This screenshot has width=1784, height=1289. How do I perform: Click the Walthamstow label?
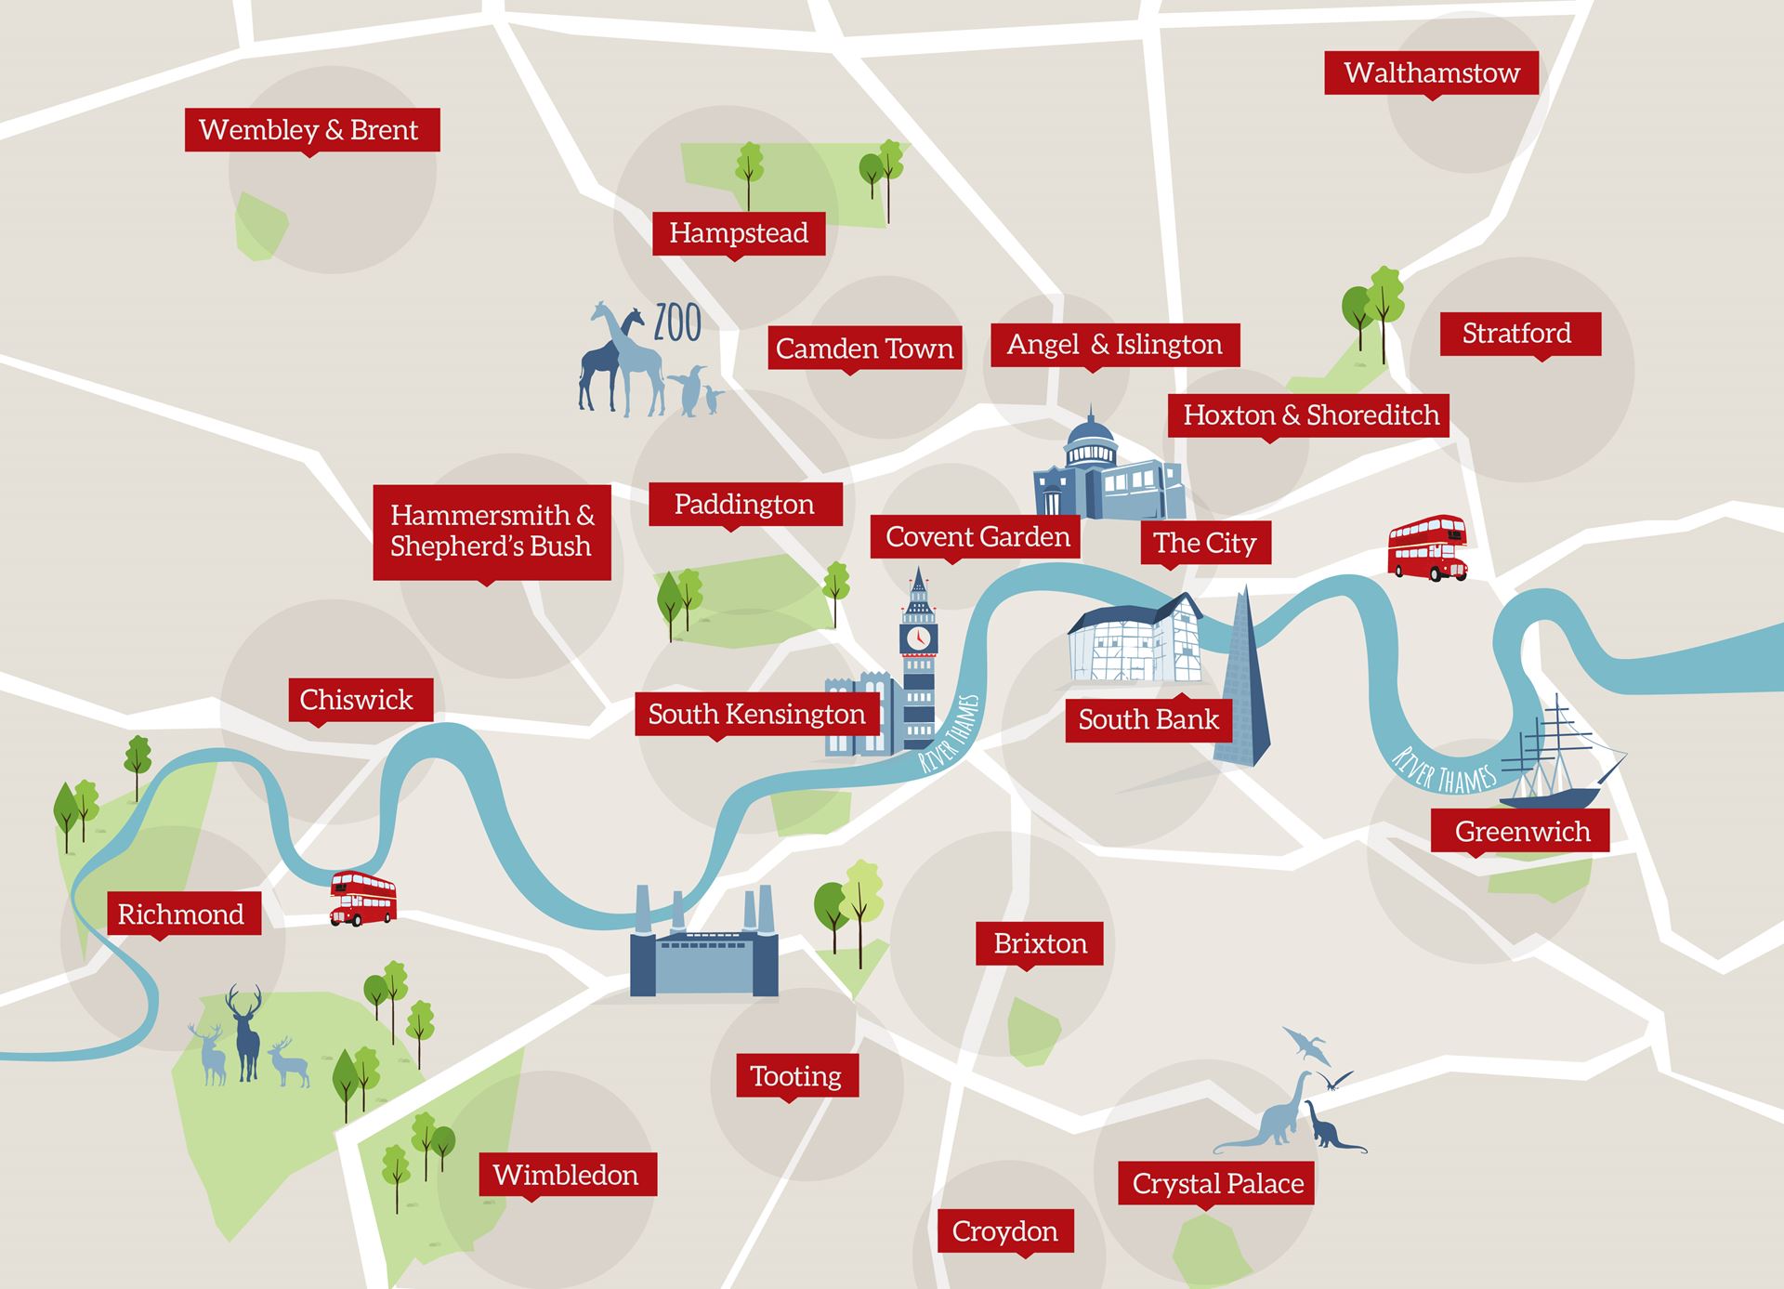1431,72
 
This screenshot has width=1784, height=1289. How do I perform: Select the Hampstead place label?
739,232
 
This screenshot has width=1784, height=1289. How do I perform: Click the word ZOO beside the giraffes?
677,323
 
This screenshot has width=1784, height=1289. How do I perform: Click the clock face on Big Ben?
918,638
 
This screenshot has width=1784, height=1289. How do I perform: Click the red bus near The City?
1427,548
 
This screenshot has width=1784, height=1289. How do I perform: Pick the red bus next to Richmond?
363,898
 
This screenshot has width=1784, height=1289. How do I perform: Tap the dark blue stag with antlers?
246,1032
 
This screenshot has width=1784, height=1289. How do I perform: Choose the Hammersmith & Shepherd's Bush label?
492,531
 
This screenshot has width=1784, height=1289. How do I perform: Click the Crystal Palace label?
1217,1183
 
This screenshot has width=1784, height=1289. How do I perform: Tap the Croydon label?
1005,1231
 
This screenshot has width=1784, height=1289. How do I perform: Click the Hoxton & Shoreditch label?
1310,414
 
